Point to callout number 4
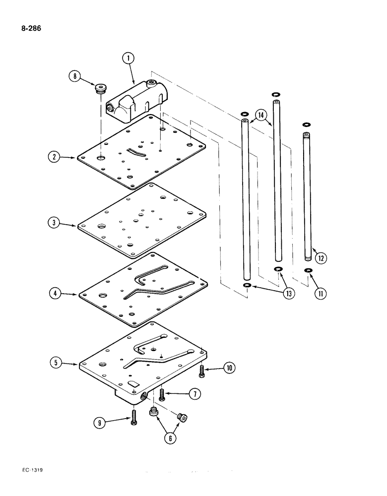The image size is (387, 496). click(53, 293)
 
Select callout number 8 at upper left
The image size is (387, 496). click(75, 77)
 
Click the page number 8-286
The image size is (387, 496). click(31, 28)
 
